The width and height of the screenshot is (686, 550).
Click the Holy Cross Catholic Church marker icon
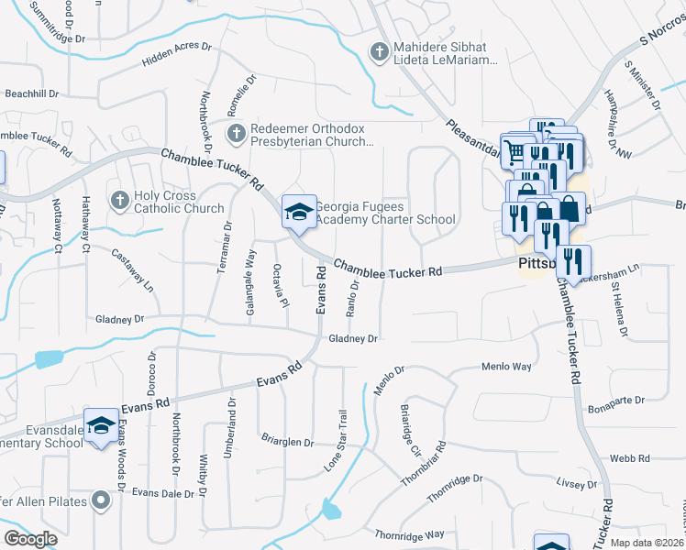click(x=119, y=200)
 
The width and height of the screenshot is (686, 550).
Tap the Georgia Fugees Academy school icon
click(x=297, y=212)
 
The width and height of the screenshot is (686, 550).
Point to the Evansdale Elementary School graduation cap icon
click(x=101, y=425)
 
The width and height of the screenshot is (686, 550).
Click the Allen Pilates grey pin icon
click(x=101, y=500)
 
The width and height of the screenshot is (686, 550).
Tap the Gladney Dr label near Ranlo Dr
click(x=353, y=338)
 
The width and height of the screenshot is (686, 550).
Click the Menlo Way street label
click(x=506, y=367)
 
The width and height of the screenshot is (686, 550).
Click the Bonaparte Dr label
click(x=617, y=401)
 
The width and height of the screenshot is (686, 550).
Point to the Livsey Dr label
click(x=577, y=483)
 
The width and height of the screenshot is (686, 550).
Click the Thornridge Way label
click(x=409, y=533)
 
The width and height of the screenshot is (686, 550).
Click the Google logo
click(x=30, y=538)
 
